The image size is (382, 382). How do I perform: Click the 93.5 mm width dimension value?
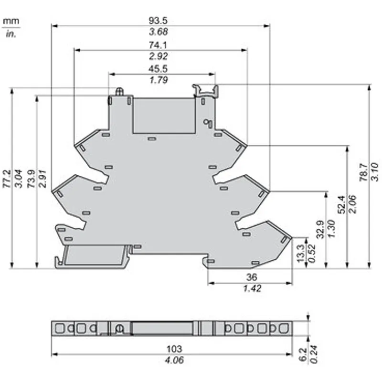(x=158, y=21)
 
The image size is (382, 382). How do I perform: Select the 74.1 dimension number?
(x=158, y=45)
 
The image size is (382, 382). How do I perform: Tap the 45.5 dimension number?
(x=158, y=69)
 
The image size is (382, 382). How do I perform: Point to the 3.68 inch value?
(x=159, y=32)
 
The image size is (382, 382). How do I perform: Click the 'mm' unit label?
(x=11, y=21)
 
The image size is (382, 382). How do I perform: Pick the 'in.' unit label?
(x=11, y=34)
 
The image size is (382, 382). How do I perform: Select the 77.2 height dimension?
(x=7, y=179)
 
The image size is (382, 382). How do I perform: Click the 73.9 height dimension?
(x=31, y=179)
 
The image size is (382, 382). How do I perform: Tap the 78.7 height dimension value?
(x=363, y=172)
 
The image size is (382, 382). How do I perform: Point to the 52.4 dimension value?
(x=341, y=204)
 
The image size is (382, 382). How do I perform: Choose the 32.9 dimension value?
(x=320, y=229)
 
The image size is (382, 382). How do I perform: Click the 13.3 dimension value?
(x=301, y=254)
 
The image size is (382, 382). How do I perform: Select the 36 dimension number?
(x=252, y=277)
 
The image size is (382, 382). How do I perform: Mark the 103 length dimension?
(x=174, y=349)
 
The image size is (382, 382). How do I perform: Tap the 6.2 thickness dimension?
(x=303, y=354)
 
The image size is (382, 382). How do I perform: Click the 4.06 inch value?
(x=174, y=360)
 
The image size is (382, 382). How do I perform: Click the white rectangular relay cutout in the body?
(x=164, y=116)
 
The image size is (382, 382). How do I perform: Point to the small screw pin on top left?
(x=119, y=92)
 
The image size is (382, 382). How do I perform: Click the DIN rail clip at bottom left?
(x=93, y=257)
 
